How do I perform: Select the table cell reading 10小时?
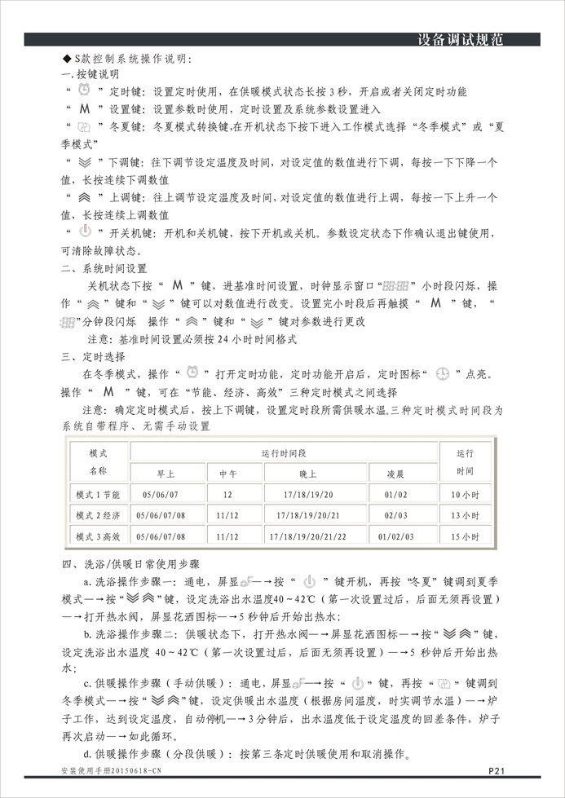tap(464, 494)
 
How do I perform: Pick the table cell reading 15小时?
tap(464, 536)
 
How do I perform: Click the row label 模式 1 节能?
tap(97, 494)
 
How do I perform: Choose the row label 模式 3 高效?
tap(97, 536)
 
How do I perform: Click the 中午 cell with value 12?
tap(227, 494)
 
